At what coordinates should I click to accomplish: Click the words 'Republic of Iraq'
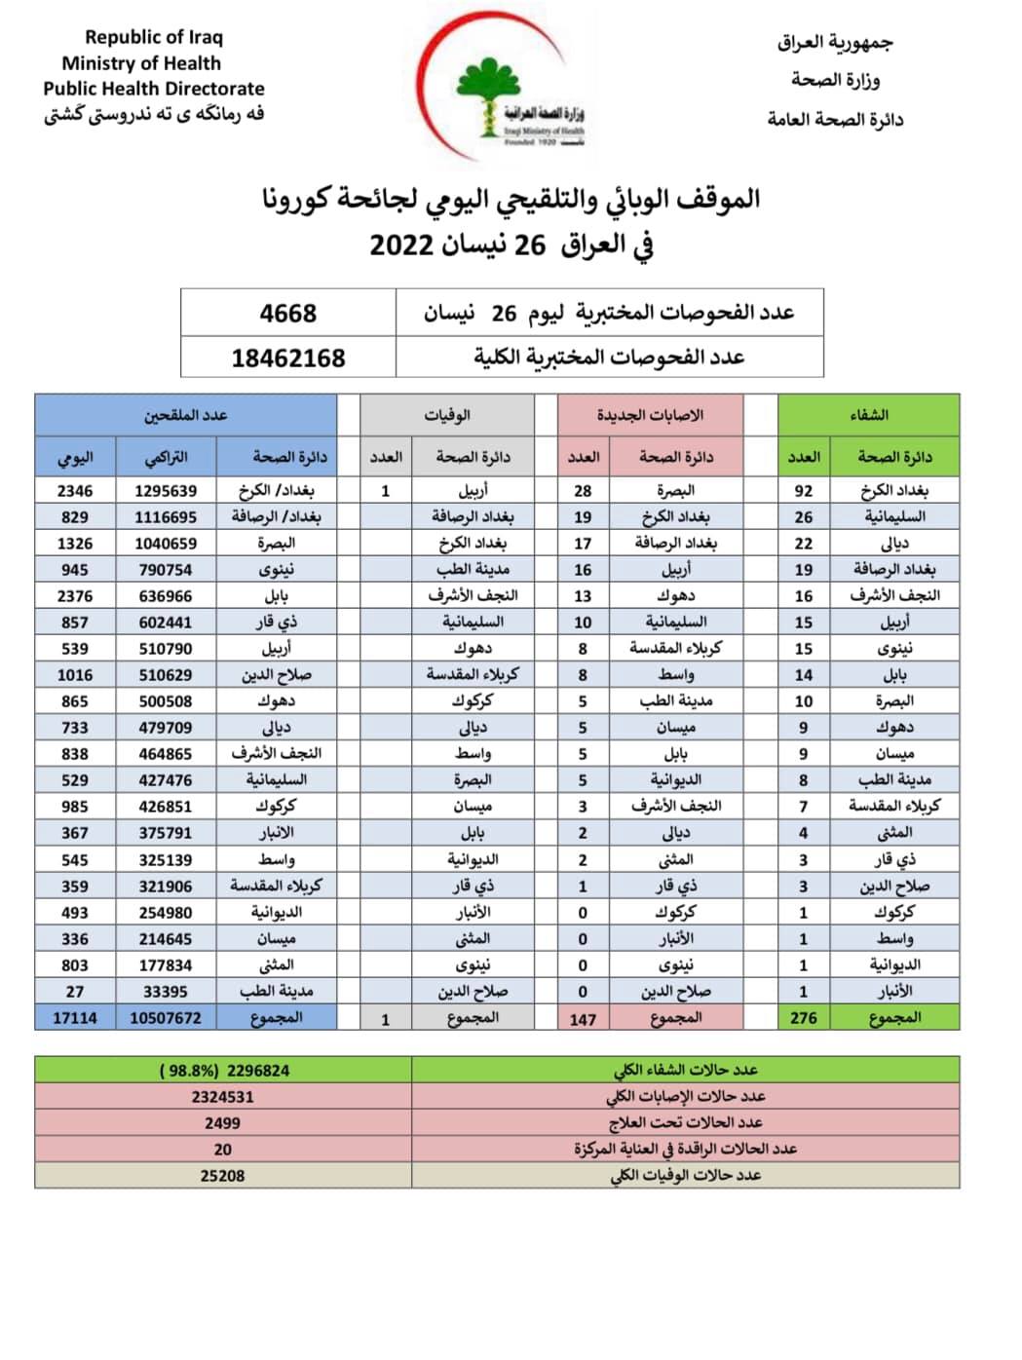point(154,37)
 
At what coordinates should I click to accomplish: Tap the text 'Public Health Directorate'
point(154,89)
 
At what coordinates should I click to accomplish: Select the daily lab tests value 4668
point(288,313)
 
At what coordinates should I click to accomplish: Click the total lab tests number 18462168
point(288,358)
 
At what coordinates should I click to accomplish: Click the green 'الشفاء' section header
point(868,415)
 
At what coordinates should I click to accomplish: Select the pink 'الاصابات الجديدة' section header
point(650,415)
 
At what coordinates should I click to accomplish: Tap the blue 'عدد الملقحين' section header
point(186,415)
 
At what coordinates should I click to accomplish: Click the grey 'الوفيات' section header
point(447,415)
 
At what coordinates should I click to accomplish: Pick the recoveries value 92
point(804,491)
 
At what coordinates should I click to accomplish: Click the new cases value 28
point(583,491)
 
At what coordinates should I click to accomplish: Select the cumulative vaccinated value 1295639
point(166,491)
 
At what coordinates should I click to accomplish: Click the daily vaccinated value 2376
point(75,596)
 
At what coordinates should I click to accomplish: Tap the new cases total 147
point(583,1019)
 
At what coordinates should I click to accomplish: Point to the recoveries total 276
point(804,1018)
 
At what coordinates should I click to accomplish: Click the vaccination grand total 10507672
point(166,1018)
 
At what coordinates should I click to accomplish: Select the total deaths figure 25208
point(222,1176)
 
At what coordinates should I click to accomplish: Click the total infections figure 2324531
point(222,1097)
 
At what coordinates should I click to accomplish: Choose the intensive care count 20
point(222,1150)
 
